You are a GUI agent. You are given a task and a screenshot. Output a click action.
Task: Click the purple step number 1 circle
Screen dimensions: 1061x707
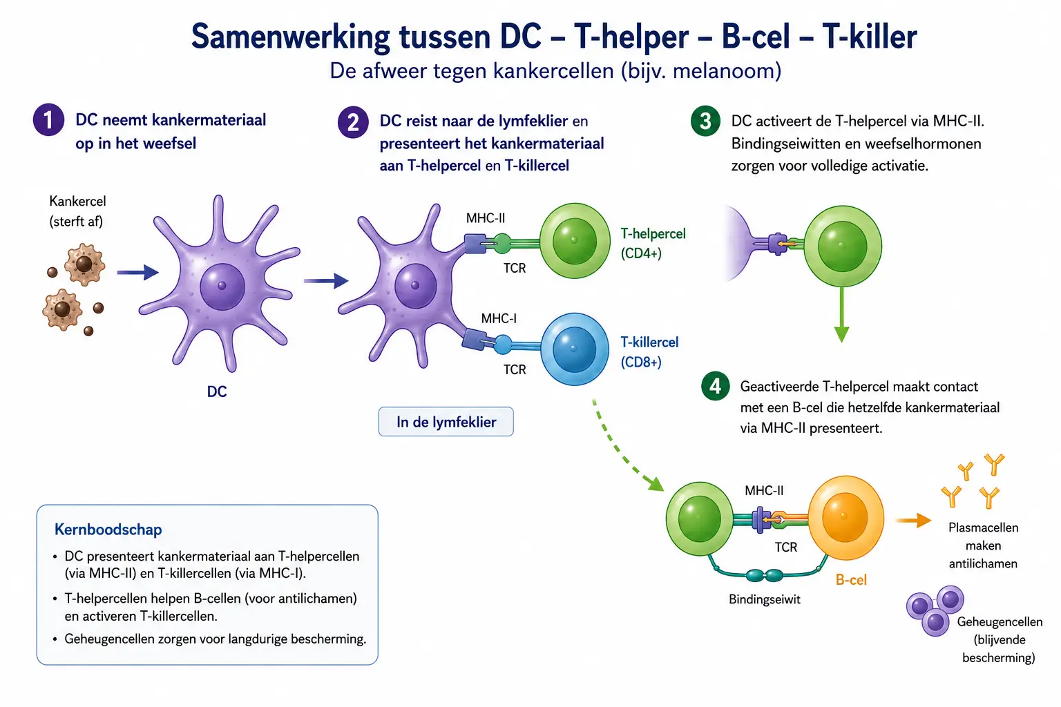(48, 120)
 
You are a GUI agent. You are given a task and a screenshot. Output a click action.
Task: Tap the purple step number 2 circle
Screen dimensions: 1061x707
(353, 122)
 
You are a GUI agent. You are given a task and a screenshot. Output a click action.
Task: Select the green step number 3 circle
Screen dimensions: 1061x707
(705, 121)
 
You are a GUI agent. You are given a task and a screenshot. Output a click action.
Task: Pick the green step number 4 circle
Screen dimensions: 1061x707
(715, 386)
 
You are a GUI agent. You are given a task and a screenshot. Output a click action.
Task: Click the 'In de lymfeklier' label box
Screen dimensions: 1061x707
(446, 421)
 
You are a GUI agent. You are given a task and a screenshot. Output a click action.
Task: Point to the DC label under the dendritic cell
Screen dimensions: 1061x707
(217, 391)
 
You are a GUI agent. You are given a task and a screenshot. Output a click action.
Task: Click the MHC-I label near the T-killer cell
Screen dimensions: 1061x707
(499, 318)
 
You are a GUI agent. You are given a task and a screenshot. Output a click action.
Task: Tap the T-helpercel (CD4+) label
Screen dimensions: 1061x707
(653, 244)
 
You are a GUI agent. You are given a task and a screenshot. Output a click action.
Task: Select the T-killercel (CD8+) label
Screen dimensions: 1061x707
(649, 352)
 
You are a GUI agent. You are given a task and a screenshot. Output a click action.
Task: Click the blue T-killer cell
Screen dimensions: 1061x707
(574, 349)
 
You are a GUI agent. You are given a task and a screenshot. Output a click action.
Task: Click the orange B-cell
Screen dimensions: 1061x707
(845, 518)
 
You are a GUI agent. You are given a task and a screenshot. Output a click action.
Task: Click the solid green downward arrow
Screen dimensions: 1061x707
(842, 314)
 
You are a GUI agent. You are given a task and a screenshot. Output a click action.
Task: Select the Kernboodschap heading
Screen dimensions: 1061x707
(108, 530)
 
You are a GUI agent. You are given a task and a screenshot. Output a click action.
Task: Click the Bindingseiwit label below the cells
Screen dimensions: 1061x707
(765, 599)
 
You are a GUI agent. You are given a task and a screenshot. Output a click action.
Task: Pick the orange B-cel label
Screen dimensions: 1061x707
(851, 580)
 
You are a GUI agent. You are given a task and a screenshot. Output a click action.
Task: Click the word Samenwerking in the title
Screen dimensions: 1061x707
(290, 37)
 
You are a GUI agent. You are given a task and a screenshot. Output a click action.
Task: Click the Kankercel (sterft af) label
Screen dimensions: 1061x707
(77, 211)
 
